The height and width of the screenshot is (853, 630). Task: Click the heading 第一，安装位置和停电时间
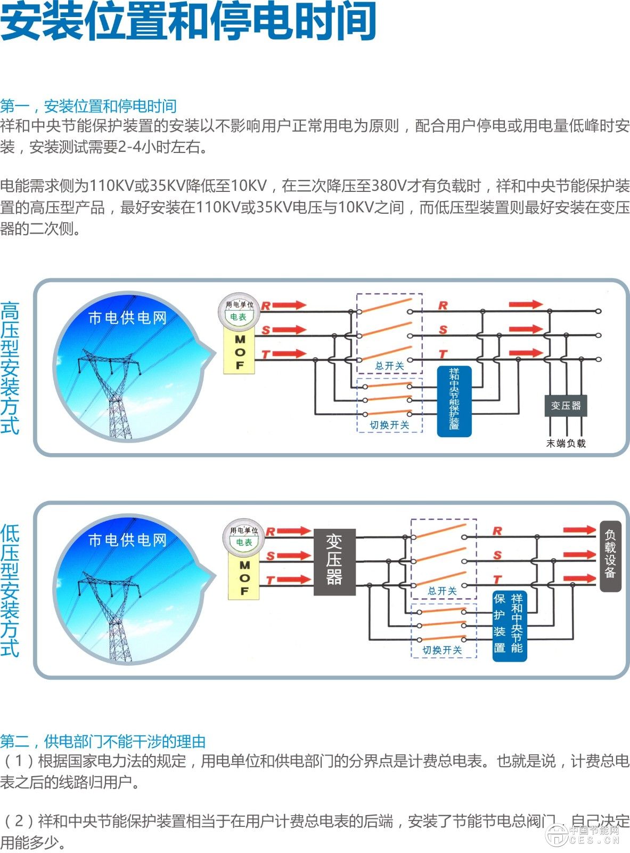point(88,106)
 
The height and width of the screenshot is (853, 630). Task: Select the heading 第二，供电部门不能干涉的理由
point(103,741)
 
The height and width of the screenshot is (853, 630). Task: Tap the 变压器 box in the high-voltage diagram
point(566,406)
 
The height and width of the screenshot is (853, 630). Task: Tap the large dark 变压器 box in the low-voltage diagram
point(334,562)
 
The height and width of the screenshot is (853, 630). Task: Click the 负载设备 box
point(610,556)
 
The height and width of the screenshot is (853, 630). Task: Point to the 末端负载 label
point(566,443)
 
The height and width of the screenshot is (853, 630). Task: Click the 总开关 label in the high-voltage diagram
point(389,366)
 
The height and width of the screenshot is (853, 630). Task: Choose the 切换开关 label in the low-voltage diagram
point(442,650)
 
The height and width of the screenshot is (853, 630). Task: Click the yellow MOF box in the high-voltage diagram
point(240,352)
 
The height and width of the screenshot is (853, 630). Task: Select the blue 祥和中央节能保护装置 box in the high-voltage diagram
point(454,401)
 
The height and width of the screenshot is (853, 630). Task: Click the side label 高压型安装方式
point(10,368)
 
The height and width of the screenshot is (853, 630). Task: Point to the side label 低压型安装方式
point(10,590)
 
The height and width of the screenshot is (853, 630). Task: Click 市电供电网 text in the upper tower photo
point(127,318)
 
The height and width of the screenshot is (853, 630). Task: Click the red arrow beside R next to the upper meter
point(290,305)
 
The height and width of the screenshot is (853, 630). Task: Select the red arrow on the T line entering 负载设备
point(579,578)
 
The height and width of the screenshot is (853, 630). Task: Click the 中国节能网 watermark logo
point(584,835)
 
